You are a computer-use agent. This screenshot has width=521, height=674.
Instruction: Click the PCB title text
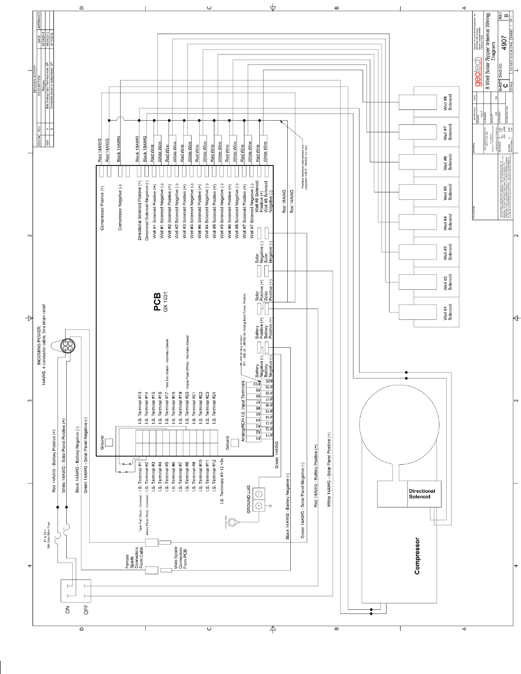tap(157, 301)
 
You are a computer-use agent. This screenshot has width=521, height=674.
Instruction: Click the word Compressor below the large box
tap(417, 556)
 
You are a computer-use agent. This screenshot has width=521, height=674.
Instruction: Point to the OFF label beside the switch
tap(86, 609)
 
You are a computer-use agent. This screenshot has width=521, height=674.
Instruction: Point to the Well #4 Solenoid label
tap(448, 223)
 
